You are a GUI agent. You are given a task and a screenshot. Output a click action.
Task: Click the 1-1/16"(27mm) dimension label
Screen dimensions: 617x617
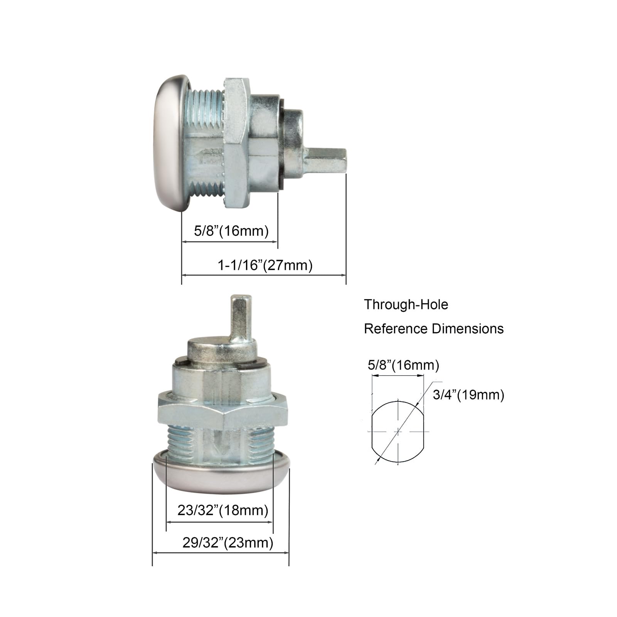click(265, 265)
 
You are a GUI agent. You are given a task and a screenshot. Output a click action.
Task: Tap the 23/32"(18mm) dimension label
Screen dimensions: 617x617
click(223, 510)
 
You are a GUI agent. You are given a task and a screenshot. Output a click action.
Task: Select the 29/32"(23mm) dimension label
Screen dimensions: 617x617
click(228, 543)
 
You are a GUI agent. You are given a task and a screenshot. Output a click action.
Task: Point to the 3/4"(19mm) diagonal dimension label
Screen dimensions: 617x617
click(469, 395)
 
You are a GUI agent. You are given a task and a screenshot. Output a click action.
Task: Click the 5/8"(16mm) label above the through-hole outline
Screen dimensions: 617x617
click(403, 365)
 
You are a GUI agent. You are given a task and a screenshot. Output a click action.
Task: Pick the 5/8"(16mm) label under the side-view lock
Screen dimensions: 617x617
click(231, 231)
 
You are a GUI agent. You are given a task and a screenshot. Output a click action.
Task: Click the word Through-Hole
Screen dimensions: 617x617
click(406, 305)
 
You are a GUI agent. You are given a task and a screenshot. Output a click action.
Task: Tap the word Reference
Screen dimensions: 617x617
click(396, 329)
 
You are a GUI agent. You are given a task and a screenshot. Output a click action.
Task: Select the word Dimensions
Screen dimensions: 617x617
click(468, 329)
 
